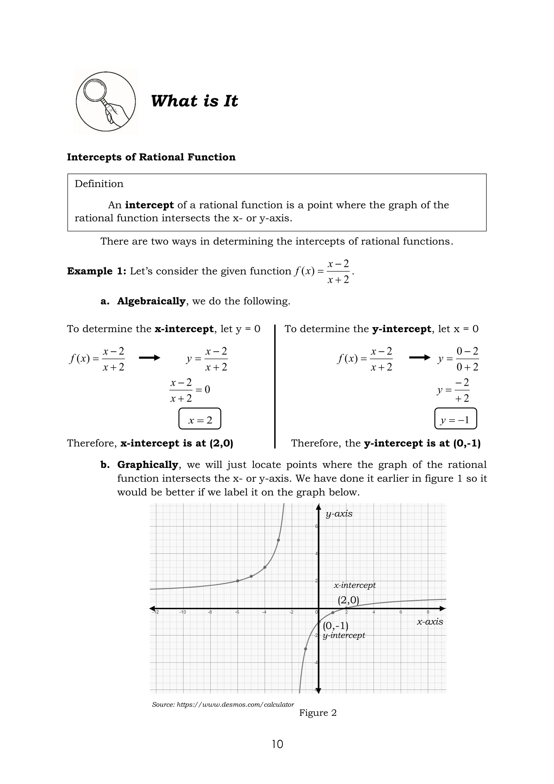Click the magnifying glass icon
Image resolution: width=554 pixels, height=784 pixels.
coord(105,102)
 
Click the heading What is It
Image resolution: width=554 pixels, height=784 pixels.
coord(194,101)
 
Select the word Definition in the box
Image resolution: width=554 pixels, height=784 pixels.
coord(99,184)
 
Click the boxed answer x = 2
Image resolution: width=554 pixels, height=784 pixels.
coord(200,419)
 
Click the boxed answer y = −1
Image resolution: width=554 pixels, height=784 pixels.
coord(456,419)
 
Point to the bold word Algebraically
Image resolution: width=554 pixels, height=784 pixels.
coord(151,301)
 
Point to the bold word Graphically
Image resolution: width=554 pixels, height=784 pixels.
coord(147,465)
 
